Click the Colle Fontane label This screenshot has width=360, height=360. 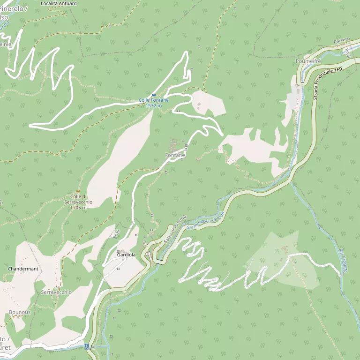[x=153, y=100]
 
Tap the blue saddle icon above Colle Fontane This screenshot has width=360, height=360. [x=154, y=95]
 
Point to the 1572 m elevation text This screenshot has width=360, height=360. [x=153, y=106]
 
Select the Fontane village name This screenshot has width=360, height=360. [x=175, y=155]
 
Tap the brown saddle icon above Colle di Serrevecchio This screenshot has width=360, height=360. [x=78, y=191]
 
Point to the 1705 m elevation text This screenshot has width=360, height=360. [x=78, y=208]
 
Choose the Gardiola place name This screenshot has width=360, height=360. [x=127, y=255]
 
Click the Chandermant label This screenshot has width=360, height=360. [x=23, y=269]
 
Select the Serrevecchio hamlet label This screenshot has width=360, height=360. [x=56, y=292]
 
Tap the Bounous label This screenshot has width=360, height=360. [x=20, y=312]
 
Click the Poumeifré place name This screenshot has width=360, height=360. [x=307, y=61]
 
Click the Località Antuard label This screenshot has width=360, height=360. [x=59, y=3]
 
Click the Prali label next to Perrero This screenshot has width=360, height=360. [x=347, y=50]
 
